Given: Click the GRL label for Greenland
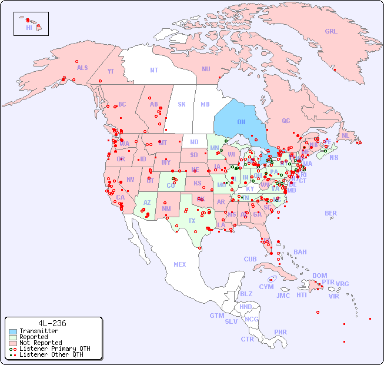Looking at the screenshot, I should pyautogui.click(x=331, y=32).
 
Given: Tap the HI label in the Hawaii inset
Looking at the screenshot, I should pyautogui.click(x=29, y=28).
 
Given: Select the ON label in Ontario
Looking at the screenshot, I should pyautogui.click(x=241, y=122).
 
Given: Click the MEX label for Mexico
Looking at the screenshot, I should pyautogui.click(x=180, y=264).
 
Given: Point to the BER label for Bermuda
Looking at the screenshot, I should pyautogui.click(x=331, y=213).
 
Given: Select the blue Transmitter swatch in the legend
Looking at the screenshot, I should pyautogui.click(x=12, y=331).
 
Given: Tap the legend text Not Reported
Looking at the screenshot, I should pyautogui.click(x=41, y=343).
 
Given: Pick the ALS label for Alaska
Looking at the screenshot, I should pyautogui.click(x=82, y=68).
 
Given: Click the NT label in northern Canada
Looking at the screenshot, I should pyautogui.click(x=154, y=70).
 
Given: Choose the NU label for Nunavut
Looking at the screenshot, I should pyautogui.click(x=206, y=69).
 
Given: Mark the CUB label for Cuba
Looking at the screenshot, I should pyautogui.click(x=250, y=259).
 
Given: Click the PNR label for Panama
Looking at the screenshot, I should pyautogui.click(x=281, y=332).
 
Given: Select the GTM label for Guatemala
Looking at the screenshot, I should pyautogui.click(x=217, y=316).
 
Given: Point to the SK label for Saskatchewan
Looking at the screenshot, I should pyautogui.click(x=182, y=104).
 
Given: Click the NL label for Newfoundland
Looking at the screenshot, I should pyautogui.click(x=345, y=135).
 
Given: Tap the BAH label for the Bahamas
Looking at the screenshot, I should pyautogui.click(x=300, y=252).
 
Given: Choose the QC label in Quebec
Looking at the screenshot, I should pyautogui.click(x=286, y=121).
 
